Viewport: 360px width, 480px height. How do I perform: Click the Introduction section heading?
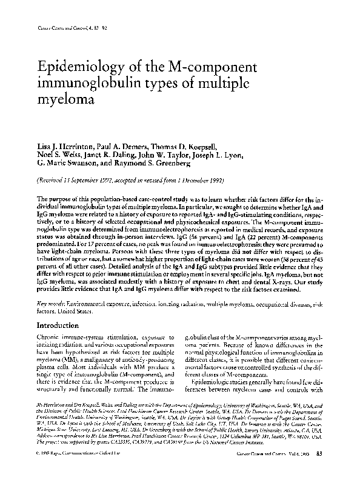click(59, 325)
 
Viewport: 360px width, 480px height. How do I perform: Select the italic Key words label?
click(50, 302)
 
